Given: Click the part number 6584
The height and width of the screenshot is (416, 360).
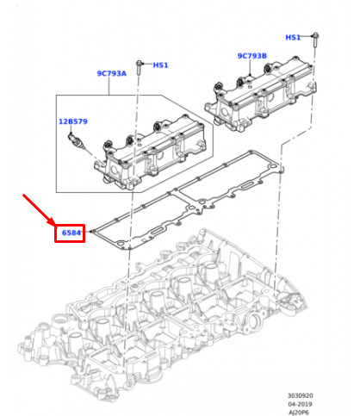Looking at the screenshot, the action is click(x=71, y=233).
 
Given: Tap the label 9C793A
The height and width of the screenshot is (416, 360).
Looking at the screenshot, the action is click(x=112, y=73).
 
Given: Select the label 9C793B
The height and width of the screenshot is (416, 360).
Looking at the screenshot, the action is click(x=252, y=56).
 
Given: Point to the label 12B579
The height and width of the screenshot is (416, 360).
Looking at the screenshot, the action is click(x=73, y=121).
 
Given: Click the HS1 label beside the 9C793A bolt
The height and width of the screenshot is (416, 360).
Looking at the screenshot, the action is click(x=160, y=65).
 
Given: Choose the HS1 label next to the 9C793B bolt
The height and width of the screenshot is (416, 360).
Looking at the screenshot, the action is click(x=293, y=37).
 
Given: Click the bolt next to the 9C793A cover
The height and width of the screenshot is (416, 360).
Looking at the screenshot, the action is click(x=140, y=67).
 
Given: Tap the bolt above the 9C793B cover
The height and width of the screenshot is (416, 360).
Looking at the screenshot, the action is click(x=315, y=40).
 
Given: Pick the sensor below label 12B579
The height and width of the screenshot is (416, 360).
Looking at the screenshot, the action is click(x=76, y=141).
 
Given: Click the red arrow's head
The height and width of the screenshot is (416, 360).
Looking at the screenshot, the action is click(x=52, y=222).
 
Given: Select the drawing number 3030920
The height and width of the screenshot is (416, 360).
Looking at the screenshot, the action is click(x=301, y=395).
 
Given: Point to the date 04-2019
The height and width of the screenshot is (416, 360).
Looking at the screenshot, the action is click(x=300, y=404).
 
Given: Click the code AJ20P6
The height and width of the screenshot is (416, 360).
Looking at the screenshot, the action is click(x=299, y=413).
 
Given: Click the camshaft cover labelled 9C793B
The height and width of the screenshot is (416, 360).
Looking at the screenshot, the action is click(x=260, y=95).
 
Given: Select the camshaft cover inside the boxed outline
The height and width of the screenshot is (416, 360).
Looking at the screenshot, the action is click(x=151, y=152).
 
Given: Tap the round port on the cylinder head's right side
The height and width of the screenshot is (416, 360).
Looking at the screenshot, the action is click(x=255, y=320).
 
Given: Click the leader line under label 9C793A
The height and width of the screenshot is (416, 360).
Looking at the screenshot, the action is click(x=109, y=86).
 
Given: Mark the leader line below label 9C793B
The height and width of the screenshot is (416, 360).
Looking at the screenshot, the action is click(x=250, y=67).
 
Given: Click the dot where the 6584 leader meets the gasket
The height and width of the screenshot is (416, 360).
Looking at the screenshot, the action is click(x=91, y=232).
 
